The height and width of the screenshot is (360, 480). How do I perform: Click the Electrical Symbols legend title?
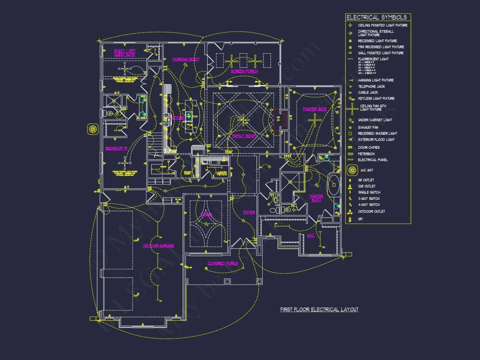[x=377, y=17]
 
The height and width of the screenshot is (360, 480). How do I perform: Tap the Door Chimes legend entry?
[x=369, y=147]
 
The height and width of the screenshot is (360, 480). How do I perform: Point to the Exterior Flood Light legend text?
[x=376, y=140]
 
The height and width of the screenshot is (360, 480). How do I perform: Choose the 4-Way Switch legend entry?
[x=369, y=205]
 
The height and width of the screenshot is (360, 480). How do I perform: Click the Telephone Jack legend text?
[x=372, y=86]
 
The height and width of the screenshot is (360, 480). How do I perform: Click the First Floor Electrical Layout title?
[x=319, y=309]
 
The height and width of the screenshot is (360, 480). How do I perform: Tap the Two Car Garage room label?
[x=158, y=246]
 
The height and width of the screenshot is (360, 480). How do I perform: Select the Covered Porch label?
[x=223, y=264]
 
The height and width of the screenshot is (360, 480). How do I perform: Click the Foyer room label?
[x=249, y=213]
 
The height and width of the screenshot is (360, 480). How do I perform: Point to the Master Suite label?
[x=315, y=109]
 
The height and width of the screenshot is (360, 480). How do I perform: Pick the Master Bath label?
[x=316, y=198]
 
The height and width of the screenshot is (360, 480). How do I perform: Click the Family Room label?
[x=244, y=136]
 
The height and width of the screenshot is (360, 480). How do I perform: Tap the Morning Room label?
[x=185, y=59]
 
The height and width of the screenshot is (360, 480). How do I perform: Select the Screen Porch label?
[x=244, y=71]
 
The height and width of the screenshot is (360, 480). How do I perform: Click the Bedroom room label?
[x=116, y=148]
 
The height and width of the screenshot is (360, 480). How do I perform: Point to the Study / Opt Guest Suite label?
[x=124, y=53]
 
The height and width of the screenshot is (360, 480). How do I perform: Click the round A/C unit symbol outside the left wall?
[x=93, y=129]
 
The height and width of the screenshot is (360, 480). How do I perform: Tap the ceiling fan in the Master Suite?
[x=315, y=120]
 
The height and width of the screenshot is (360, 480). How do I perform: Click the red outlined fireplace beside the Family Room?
[x=279, y=119]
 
